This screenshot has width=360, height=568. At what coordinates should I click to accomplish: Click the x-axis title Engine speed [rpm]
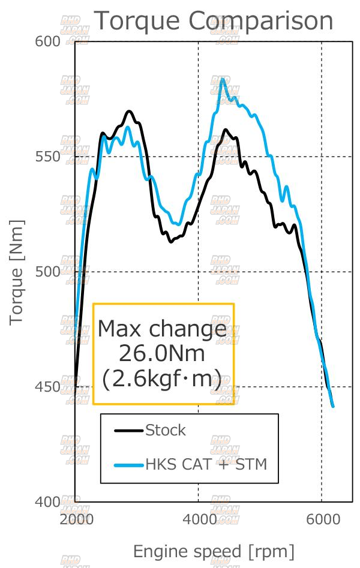[214, 551]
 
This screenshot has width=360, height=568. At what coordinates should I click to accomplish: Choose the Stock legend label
[166, 430]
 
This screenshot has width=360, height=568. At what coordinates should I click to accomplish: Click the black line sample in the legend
[129, 430]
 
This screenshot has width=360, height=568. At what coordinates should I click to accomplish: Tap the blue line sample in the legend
[129, 464]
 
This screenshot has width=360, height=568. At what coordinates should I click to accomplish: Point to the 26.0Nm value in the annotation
[162, 354]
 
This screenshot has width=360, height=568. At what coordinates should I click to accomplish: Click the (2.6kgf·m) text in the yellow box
[162, 378]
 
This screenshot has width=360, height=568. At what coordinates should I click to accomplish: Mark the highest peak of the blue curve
[223, 79]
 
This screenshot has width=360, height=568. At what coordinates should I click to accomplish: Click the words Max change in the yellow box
[162, 329]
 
